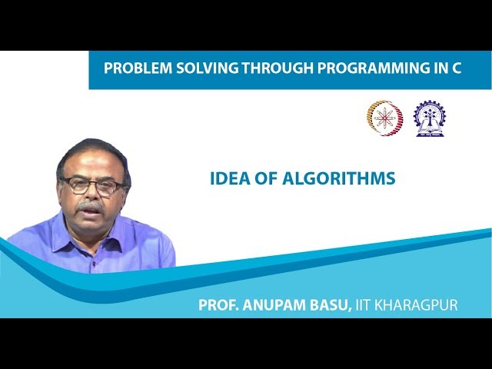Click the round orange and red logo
(384, 118)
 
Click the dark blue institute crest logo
(429, 118)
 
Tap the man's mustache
(91, 206)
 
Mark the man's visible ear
(125, 190)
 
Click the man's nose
(90, 195)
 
